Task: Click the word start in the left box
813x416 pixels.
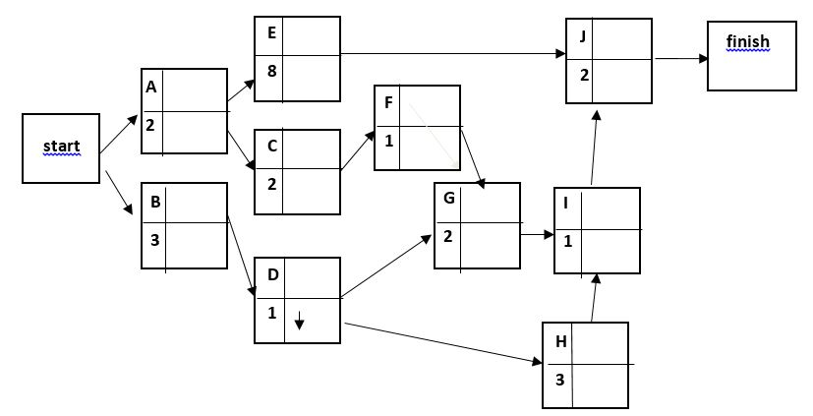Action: (x=61, y=147)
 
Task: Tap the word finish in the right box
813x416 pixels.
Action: (x=747, y=41)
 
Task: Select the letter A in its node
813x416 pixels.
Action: (x=151, y=87)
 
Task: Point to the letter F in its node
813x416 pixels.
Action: (x=389, y=102)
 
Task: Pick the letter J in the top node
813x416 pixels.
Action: (x=584, y=37)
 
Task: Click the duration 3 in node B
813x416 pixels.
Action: (x=154, y=238)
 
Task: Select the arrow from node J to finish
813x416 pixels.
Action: (x=680, y=59)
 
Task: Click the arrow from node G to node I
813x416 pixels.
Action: (x=537, y=235)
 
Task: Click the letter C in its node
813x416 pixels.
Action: (x=271, y=145)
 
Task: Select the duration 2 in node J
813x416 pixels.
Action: (x=584, y=75)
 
